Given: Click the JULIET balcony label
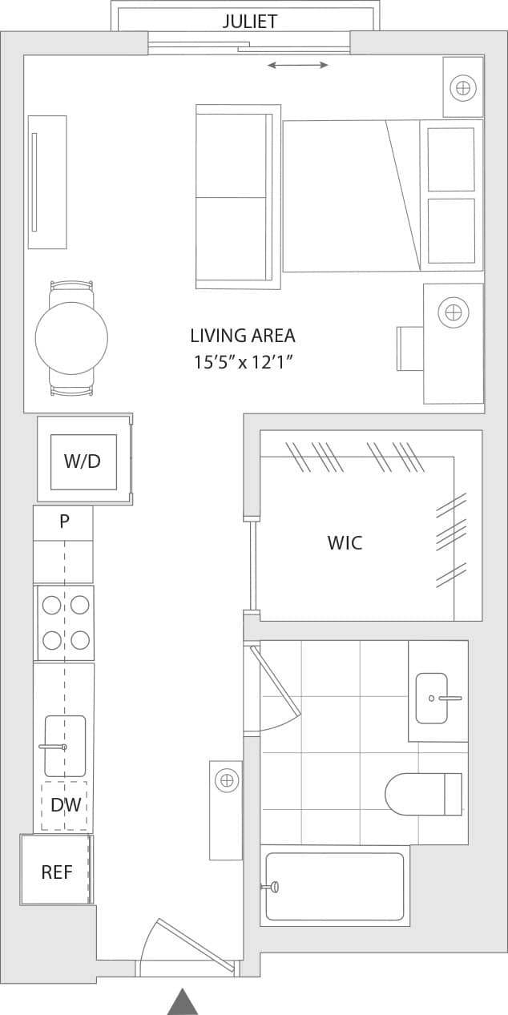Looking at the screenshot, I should tap(250, 21).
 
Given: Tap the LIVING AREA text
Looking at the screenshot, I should tap(243, 336).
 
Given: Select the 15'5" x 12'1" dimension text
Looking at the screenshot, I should tap(243, 362).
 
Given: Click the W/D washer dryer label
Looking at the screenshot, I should tap(83, 461).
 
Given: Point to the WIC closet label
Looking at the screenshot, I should tap(345, 542).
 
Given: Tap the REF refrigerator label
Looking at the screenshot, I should tap(57, 872).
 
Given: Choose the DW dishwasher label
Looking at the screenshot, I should tap(66, 805).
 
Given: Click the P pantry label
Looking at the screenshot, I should tap(64, 522).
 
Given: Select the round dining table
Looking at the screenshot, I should tap(71, 338).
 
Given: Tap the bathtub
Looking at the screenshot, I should tap(335, 886).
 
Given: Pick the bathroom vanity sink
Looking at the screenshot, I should tap(433, 698).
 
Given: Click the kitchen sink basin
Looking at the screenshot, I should tap(66, 745).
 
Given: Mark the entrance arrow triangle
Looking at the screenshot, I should tap(183, 1001).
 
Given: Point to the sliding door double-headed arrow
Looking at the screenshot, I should tap(297, 65).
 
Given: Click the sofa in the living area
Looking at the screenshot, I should tap(237, 197).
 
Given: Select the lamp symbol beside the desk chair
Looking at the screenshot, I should tap(454, 312).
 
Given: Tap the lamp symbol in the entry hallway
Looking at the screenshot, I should tap(227, 779).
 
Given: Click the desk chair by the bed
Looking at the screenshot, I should tap(409, 348).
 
